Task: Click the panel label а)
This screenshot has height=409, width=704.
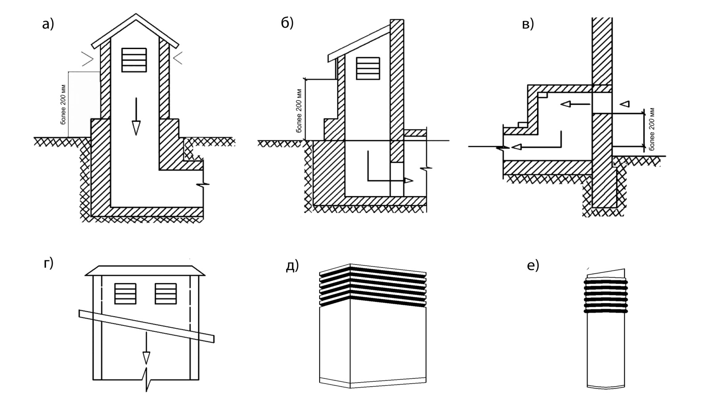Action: pos(48,24)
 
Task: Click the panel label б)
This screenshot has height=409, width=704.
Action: pos(287,23)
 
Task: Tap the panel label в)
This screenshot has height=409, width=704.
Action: pos(528,25)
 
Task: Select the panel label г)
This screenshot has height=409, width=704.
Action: pos(49,263)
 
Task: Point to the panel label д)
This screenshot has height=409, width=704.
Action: pos(292,266)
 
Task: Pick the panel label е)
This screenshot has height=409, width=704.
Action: pos(533,266)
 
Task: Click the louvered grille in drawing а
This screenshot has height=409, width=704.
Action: pos(134,60)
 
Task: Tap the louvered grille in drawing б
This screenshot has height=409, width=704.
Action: pos(368,68)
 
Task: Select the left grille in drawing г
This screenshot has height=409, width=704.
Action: pos(125,294)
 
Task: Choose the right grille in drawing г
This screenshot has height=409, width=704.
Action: pos(166,294)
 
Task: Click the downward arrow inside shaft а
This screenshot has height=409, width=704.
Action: pos(136,117)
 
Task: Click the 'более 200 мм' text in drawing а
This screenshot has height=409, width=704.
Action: pos(64,104)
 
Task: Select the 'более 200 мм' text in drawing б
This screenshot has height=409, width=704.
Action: pos(299,110)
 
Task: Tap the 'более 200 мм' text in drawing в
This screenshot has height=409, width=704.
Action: pos(651,129)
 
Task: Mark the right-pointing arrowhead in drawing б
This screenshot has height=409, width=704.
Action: pos(408,180)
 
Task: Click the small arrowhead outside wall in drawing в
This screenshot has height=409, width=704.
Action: pos(625,104)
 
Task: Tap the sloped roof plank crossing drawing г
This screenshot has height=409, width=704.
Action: pos(146,326)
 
